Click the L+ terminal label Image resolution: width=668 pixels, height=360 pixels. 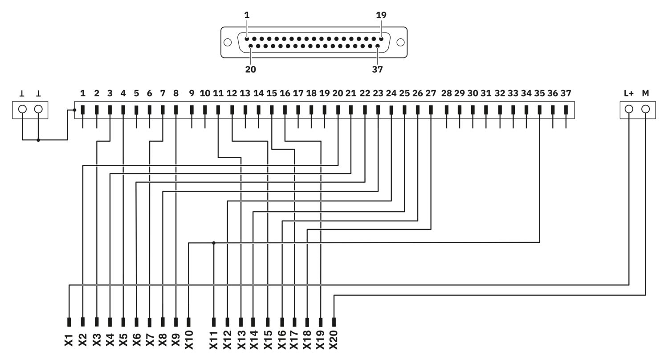click(629, 94)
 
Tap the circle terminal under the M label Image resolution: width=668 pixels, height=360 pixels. click(645, 109)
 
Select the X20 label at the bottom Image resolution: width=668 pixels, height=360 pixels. click(334, 340)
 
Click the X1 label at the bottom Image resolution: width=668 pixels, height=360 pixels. click(69, 340)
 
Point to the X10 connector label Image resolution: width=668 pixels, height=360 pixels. click(189, 340)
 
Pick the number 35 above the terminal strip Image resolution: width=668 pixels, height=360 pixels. click(539, 94)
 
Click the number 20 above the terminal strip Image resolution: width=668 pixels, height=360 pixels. click(338, 94)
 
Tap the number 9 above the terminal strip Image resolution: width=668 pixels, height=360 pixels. click(191, 94)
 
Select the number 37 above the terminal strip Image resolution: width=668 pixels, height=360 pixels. click(566, 94)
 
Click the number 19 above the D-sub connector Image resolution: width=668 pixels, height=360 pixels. click(381, 15)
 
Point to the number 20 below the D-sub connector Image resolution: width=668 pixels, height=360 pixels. click(250, 69)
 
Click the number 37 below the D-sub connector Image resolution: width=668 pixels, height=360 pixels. click(377, 69)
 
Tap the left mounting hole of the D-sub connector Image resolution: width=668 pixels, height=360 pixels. click(228, 42)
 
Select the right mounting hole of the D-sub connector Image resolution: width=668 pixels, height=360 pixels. click(400, 42)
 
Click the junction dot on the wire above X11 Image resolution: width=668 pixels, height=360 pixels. click(213, 243)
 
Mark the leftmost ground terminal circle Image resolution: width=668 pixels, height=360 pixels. click(22, 109)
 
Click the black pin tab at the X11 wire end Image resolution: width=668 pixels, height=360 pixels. click(213, 322)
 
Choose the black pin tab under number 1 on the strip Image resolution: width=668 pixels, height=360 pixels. click(82, 110)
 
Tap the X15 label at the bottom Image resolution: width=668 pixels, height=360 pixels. click(268, 340)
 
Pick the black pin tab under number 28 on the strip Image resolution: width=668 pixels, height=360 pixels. click(446, 110)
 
